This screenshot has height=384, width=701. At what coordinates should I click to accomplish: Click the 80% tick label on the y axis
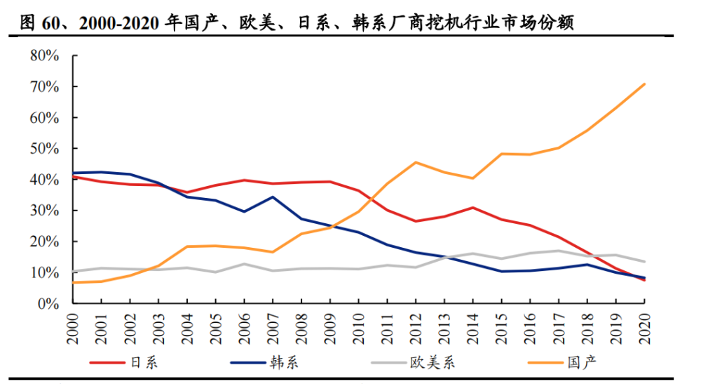[43, 56]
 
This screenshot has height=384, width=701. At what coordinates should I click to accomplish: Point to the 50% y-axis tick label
[43, 149]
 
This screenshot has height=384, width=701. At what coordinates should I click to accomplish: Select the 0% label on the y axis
[47, 303]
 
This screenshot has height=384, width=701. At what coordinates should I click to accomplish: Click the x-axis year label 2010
[358, 328]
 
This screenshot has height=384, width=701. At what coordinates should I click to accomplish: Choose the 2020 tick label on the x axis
[644, 328]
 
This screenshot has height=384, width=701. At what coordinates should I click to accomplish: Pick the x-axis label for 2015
[501, 328]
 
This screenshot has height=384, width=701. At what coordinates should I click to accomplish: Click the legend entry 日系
[143, 362]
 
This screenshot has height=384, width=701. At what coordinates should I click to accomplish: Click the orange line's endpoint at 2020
[644, 84]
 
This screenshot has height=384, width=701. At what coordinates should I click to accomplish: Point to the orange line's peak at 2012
[416, 163]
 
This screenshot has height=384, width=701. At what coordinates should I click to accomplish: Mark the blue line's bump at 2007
[272, 197]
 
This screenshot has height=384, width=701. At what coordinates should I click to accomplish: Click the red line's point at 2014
[473, 208]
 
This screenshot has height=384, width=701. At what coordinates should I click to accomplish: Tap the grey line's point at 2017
[559, 251]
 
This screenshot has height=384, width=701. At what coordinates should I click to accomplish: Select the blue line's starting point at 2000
[72, 173]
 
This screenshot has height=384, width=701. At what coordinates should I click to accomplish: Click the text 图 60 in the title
[36, 23]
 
